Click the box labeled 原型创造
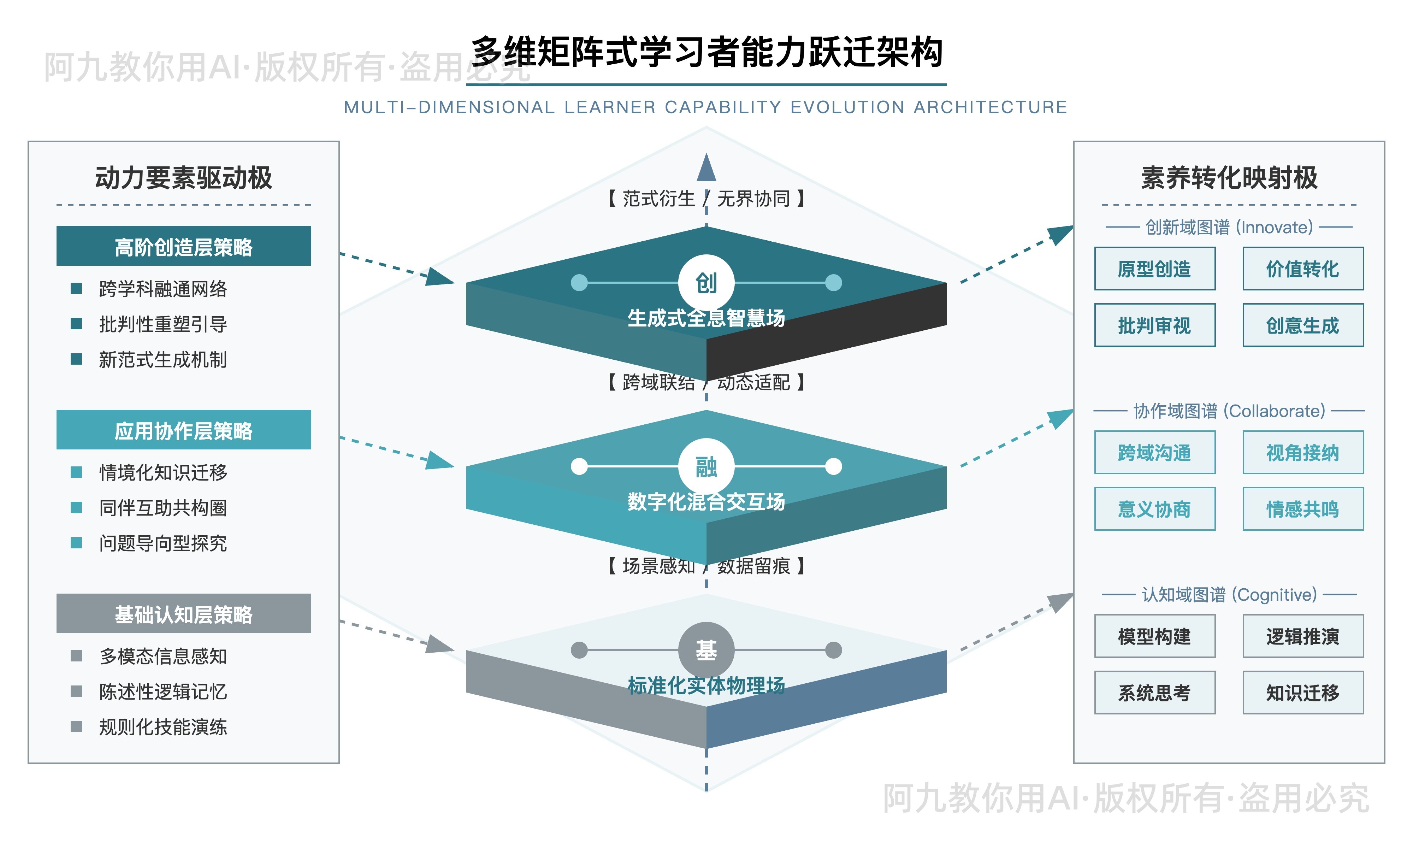[x=1154, y=269]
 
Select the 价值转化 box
[x=1303, y=269]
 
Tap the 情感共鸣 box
[x=1303, y=508]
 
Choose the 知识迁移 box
[x=1303, y=693]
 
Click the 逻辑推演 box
[x=1303, y=636]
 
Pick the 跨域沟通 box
[x=1154, y=453]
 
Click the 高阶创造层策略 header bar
[x=183, y=246]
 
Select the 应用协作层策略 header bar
[x=183, y=430]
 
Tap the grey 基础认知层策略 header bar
[x=183, y=614]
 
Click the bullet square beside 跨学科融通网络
[x=76, y=288]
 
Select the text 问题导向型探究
[x=163, y=543]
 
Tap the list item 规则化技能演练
[x=163, y=727]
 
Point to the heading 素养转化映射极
[x=1229, y=178]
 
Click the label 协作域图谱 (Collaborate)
[x=1229, y=411]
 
